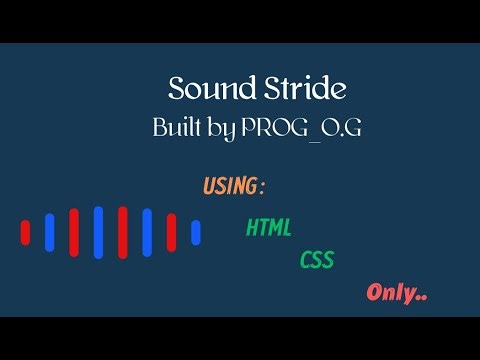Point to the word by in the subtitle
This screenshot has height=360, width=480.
[x=224, y=130]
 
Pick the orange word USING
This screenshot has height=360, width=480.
[x=229, y=186]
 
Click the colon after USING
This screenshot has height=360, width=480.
[x=262, y=187]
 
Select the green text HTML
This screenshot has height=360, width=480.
[x=269, y=228]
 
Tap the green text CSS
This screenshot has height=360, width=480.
[x=316, y=261]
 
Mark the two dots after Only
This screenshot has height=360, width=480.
[x=421, y=298]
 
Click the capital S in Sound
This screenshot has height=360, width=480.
[x=177, y=89]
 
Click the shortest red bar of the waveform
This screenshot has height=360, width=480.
[x=26, y=232]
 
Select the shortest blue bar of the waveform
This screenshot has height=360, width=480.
[x=196, y=232]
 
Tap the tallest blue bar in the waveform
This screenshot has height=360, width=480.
[x=98, y=232]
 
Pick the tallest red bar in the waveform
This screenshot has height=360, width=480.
[x=123, y=232]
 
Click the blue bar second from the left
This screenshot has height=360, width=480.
[x=98, y=232]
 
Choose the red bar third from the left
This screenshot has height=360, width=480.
[x=123, y=232]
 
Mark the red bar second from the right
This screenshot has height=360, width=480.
[x=123, y=232]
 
